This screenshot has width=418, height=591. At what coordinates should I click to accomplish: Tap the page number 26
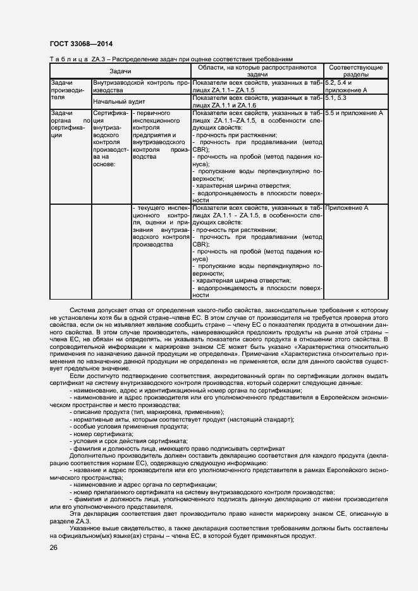53,547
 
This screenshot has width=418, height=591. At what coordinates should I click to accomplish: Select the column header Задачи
120,71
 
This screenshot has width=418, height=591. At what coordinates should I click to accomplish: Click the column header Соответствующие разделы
356,71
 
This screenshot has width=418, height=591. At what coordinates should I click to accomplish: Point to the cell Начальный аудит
120,101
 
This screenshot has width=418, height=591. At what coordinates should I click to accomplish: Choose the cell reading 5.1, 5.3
336,98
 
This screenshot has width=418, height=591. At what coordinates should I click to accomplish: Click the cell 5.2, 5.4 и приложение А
345,87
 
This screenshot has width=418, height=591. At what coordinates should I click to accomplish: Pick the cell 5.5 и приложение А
353,113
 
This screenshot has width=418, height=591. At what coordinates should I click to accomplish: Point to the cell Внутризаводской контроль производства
141,87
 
